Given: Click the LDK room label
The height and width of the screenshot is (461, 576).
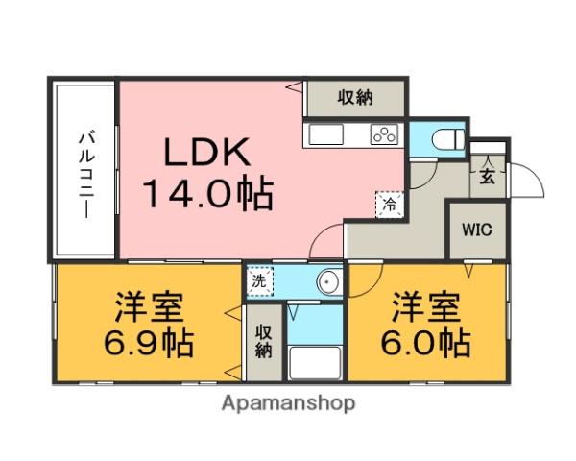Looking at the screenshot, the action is click(x=207, y=152).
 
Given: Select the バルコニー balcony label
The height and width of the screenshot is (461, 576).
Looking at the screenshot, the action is click(x=87, y=176).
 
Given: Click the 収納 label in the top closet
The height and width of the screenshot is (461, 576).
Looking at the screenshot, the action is click(x=355, y=98).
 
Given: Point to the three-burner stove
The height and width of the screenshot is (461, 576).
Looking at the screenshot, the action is click(x=384, y=133).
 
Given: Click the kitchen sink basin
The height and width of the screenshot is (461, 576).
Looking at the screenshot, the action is click(x=326, y=134).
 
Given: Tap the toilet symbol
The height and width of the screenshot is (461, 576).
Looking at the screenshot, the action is click(x=448, y=139).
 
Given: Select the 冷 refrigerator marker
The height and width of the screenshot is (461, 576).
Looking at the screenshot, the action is click(x=390, y=205).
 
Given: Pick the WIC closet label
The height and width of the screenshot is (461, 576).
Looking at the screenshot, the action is click(x=477, y=230).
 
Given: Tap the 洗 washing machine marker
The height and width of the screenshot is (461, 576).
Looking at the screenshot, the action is click(x=259, y=281).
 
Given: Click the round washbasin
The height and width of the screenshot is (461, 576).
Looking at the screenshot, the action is click(x=329, y=282).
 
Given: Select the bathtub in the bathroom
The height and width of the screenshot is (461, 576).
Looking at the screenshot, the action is click(x=315, y=363).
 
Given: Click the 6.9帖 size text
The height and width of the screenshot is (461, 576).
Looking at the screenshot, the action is click(x=149, y=344).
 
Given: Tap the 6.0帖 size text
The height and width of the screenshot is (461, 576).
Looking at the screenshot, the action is click(x=426, y=344).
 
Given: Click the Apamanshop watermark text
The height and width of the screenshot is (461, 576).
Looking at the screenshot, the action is click(x=288, y=403).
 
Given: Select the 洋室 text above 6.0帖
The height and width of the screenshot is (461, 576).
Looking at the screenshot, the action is click(x=426, y=307).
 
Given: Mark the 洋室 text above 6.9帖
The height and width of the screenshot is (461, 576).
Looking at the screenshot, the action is click(x=149, y=307).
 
